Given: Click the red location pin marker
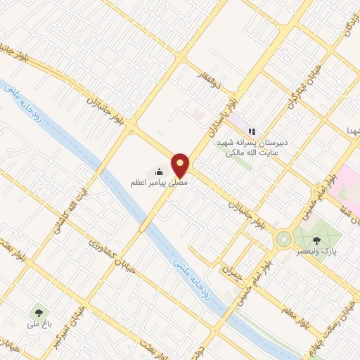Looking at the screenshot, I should click(x=181, y=165).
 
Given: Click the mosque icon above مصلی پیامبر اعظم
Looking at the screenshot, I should click(x=160, y=172).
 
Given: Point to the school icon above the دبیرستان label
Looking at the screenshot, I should click(x=252, y=131).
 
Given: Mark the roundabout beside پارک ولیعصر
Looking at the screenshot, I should click(x=283, y=239).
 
